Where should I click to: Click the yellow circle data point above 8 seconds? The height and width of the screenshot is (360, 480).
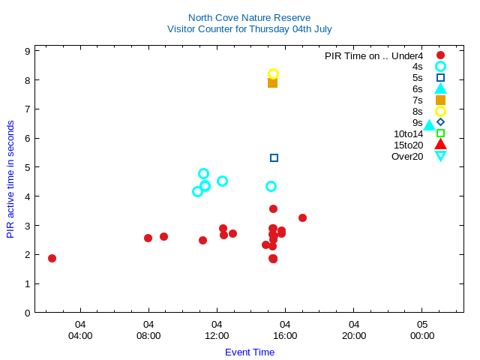click(273, 73)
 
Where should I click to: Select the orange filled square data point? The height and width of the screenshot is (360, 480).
click(272, 82)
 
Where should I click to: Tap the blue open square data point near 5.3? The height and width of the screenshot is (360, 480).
click(274, 157)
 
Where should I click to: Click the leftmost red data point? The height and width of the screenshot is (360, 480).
click(52, 258)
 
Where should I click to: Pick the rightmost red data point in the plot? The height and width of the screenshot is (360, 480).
click(302, 217)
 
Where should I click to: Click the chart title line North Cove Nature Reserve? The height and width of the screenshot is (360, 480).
click(249, 18)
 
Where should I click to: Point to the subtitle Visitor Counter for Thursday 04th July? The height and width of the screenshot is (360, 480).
click(249, 29)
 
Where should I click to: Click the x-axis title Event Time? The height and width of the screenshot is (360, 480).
click(250, 352)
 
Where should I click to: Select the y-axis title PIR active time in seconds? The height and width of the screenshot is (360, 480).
click(10, 179)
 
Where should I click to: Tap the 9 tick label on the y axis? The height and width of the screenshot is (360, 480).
click(27, 51)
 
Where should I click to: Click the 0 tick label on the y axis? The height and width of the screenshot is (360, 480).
click(27, 313)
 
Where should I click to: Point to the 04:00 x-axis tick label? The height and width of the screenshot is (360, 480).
click(80, 336)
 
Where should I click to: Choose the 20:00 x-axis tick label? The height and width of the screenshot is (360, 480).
click(354, 336)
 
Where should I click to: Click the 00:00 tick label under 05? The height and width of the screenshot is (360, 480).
click(422, 336)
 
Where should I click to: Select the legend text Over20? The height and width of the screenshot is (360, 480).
click(407, 156)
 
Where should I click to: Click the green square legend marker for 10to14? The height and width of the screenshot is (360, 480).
click(440, 133)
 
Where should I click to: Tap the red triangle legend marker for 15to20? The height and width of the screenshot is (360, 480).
click(440, 145)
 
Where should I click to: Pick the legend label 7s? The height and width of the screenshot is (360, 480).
click(418, 100)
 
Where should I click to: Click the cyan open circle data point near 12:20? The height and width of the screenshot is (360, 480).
click(222, 181)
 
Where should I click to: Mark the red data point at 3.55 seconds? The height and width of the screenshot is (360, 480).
click(273, 208)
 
